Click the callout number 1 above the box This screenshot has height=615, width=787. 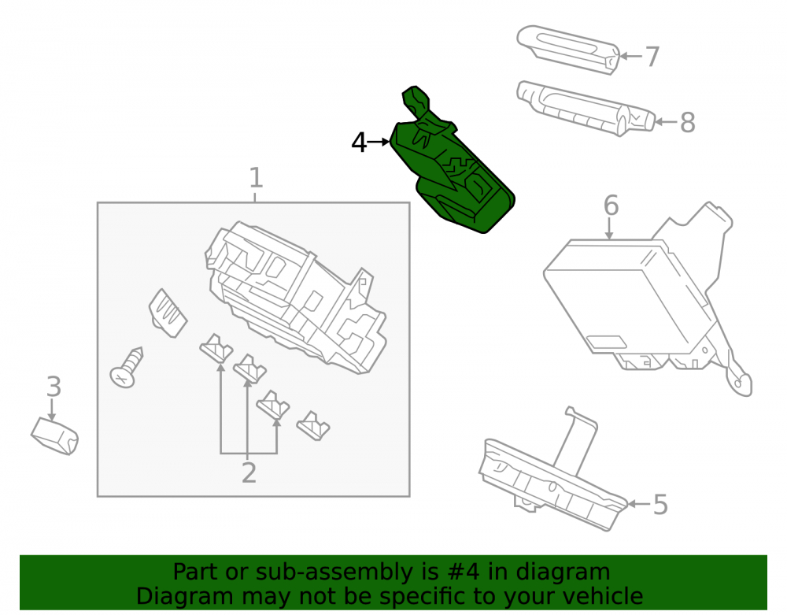[256, 178]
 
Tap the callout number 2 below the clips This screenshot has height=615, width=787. [249, 473]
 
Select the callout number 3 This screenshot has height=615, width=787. [54, 387]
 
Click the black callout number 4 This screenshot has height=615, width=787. [360, 143]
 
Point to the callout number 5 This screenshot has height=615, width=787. [660, 505]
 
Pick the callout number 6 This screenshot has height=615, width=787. [611, 206]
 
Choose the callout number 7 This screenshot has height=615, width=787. [652, 56]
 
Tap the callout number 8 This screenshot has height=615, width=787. [688, 123]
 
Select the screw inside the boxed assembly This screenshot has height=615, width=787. [127, 368]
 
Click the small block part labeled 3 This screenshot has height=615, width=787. [55, 436]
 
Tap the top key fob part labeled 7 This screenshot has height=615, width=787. [567, 50]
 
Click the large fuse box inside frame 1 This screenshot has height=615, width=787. [296, 297]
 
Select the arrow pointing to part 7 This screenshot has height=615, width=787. [631, 56]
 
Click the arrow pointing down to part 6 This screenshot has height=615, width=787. [609, 229]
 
